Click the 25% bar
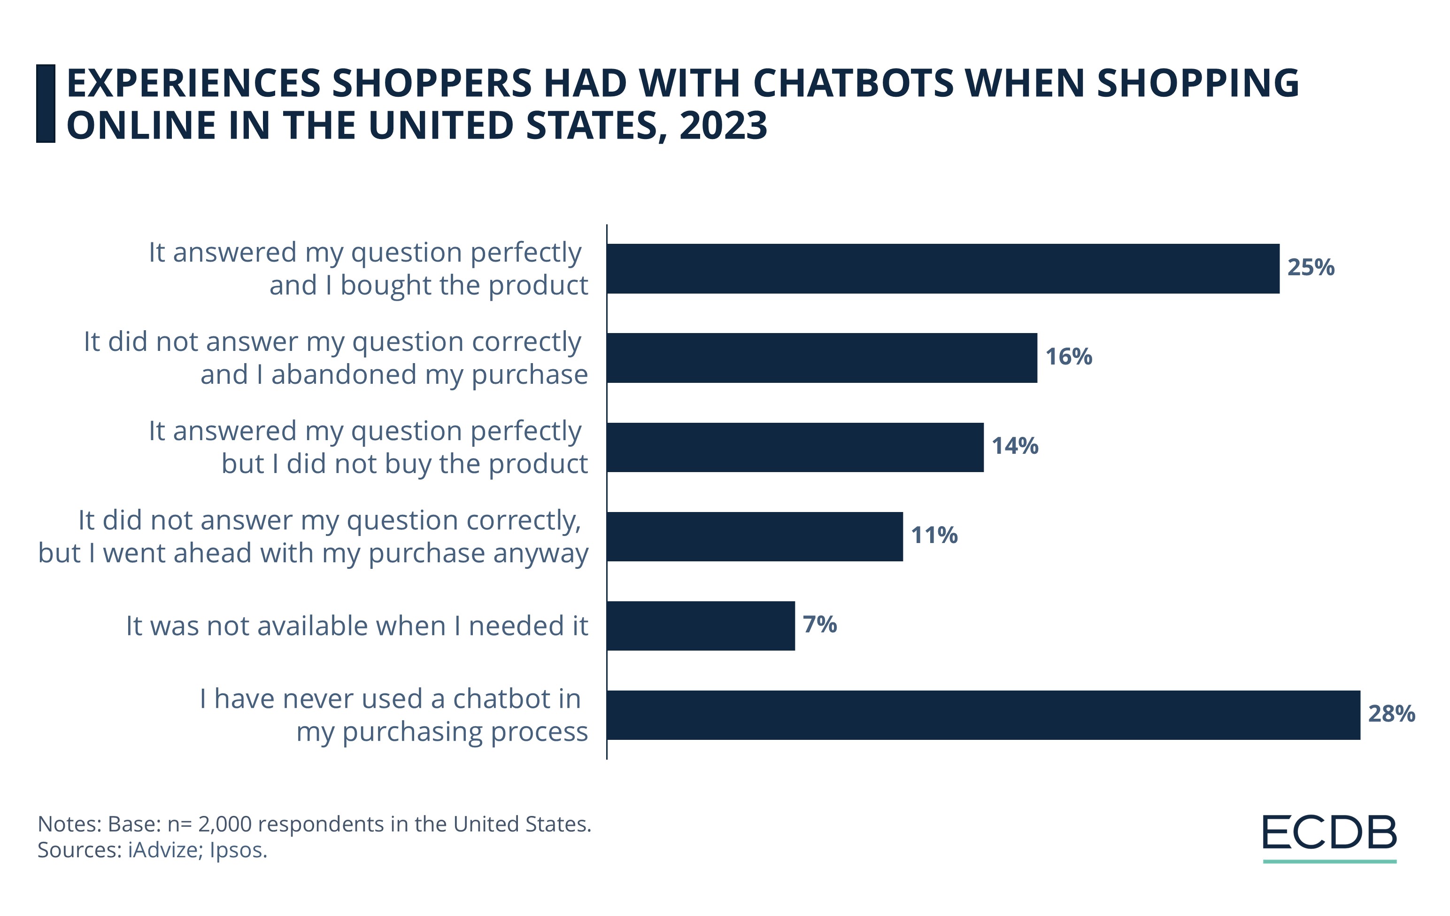coord(942,269)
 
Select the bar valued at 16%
coord(821,358)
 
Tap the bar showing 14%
coord(795,447)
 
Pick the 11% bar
coord(755,536)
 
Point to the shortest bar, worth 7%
coord(700,625)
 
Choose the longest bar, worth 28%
coord(983,715)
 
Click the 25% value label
coord(1310,267)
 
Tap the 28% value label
coord(1391,714)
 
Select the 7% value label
coord(819,624)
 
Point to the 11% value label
coord(934,535)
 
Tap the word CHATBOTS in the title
coord(853,83)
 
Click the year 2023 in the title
coord(723,125)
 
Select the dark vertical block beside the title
coord(46,104)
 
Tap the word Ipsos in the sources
coord(238,850)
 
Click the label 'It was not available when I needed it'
coord(356,626)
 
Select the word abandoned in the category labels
coord(344,374)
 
